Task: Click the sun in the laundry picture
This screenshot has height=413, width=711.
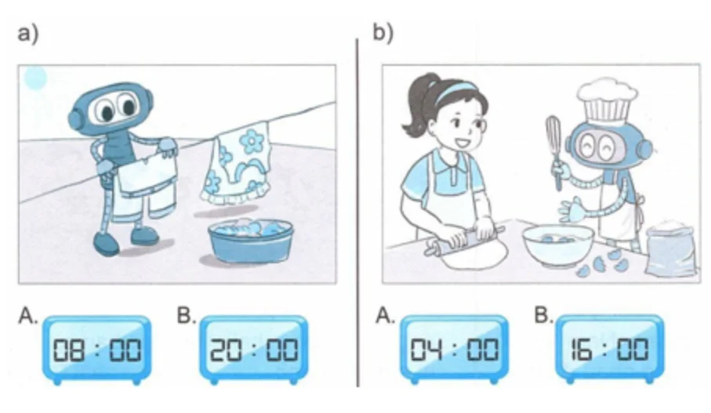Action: (x=35, y=78)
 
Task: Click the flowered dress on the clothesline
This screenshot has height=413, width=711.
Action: (x=236, y=164)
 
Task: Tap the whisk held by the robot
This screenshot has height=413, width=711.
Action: (x=556, y=150)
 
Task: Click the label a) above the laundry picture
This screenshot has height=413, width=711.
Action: (x=28, y=34)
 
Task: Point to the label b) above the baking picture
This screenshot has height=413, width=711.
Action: (x=383, y=33)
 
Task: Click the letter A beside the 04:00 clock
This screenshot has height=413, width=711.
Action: (x=385, y=315)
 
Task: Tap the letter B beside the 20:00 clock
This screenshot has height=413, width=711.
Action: (x=186, y=315)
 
